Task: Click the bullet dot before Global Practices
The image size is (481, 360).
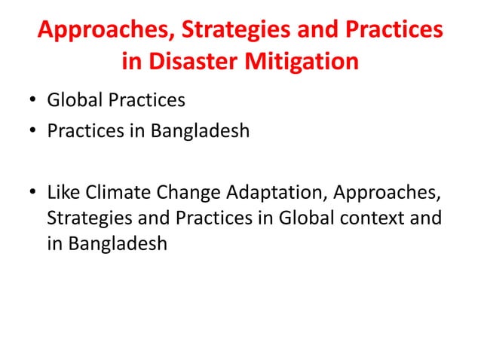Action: pyautogui.click(x=35, y=101)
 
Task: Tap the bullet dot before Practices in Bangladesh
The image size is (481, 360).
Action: pyautogui.click(x=35, y=133)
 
